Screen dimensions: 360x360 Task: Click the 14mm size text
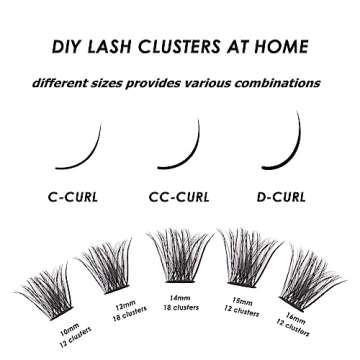[177, 296]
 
